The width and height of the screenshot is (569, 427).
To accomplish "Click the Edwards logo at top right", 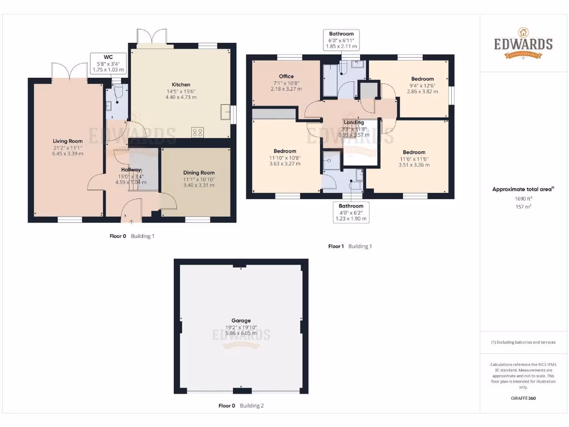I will (x=523, y=43).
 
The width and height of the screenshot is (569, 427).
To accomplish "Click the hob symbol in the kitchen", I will (x=197, y=132).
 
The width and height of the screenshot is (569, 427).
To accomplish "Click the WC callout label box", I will (x=108, y=63).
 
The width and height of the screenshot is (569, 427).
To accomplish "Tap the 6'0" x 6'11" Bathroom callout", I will (x=341, y=41).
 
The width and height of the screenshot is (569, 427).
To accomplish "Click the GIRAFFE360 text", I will (x=523, y=398).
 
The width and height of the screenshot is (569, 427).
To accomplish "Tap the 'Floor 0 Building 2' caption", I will (x=241, y=406).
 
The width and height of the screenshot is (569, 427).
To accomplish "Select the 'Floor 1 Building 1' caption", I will (x=350, y=246).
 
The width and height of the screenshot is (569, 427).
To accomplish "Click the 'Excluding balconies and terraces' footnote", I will (x=523, y=342).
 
